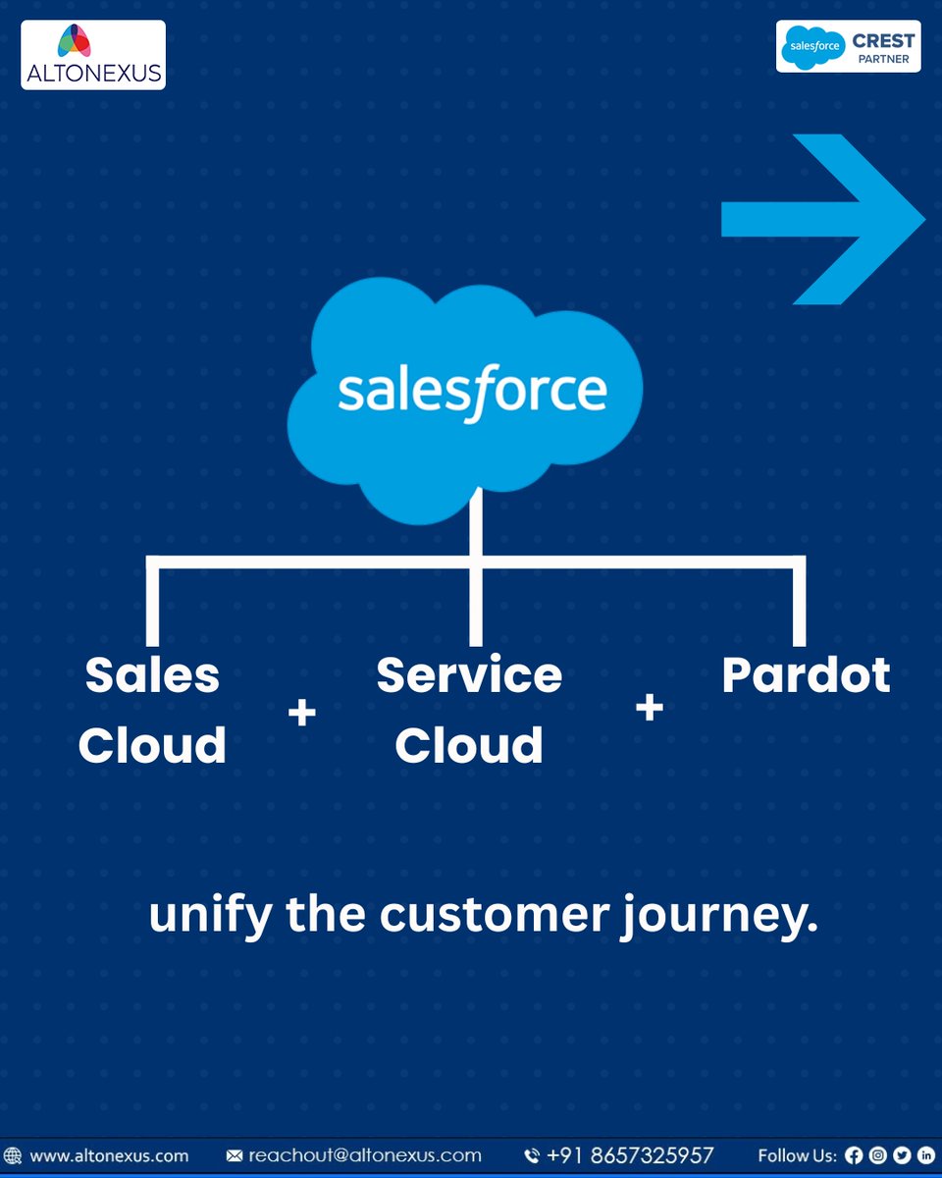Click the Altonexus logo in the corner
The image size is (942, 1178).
click(93, 55)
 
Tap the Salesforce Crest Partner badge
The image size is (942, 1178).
click(849, 46)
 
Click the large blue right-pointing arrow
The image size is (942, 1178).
click(823, 219)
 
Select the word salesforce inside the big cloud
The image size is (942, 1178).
click(473, 392)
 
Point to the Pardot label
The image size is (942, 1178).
click(806, 675)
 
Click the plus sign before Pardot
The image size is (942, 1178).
click(650, 707)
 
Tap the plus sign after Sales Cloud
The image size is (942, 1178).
click(302, 713)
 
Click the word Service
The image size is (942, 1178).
click(469, 674)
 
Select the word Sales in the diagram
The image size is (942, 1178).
click(152, 674)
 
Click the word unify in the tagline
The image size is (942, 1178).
click(211, 916)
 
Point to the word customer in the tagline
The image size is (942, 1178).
click(495, 916)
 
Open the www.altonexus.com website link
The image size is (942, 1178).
click(109, 1155)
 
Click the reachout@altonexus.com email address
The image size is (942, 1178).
click(365, 1155)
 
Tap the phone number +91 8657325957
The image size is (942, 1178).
click(630, 1155)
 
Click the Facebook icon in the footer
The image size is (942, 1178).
click(854, 1155)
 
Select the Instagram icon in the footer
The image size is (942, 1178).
click(878, 1155)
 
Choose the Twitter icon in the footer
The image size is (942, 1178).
click(902, 1155)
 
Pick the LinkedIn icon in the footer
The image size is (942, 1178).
click(926, 1155)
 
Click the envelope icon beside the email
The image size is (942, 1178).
click(235, 1155)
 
